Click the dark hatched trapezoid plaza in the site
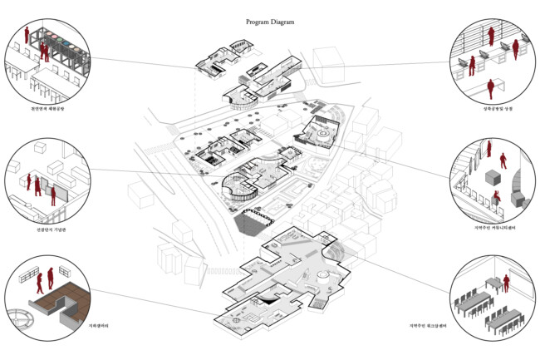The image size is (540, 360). pyautogui.click(x=253, y=220)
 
